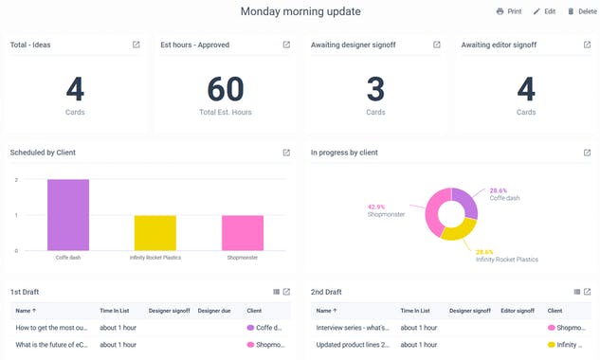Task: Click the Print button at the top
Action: click(x=509, y=11)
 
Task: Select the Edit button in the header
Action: click(x=544, y=11)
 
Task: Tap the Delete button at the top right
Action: click(x=582, y=11)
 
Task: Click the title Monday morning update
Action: click(x=300, y=11)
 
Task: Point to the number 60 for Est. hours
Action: click(x=226, y=89)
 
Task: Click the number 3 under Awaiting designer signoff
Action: click(x=375, y=89)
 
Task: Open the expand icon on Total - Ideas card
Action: click(x=136, y=45)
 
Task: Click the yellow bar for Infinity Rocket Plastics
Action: click(x=155, y=232)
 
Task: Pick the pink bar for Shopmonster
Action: click(x=244, y=232)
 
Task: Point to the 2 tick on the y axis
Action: click(x=16, y=179)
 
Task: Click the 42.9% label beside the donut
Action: click(x=376, y=207)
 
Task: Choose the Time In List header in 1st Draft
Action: click(x=119, y=310)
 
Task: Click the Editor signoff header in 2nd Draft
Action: click(x=518, y=310)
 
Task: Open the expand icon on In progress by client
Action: click(x=587, y=152)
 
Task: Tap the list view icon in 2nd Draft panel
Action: click(x=576, y=291)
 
